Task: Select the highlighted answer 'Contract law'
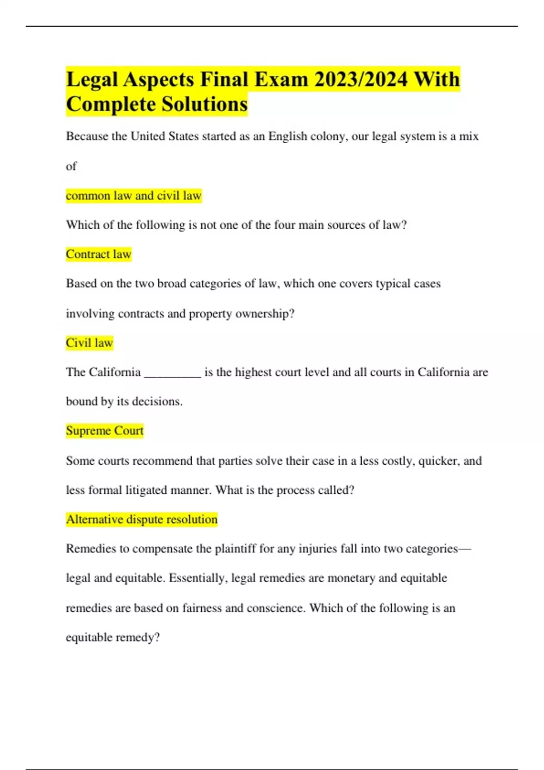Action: (98, 254)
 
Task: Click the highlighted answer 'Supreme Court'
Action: (104, 430)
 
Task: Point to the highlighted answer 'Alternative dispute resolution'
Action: (141, 519)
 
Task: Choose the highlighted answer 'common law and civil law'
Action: (133, 196)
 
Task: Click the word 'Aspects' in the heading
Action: (159, 80)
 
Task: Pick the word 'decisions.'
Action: (157, 402)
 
